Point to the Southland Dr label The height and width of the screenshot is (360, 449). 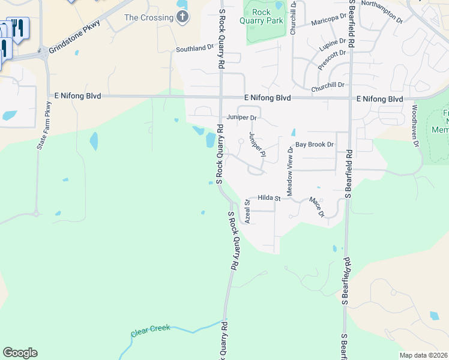click(194, 48)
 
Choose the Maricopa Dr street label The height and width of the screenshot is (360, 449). click(330, 23)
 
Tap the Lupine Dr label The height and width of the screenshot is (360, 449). click(334, 44)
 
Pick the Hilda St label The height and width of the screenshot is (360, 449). click(270, 197)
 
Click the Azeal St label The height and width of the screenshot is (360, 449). click(247, 212)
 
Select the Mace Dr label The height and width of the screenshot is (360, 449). click(316, 206)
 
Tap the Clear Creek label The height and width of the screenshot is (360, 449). click(150, 330)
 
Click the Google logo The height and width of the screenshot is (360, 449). click(20, 353)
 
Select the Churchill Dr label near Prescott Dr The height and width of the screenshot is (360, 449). click(327, 86)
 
